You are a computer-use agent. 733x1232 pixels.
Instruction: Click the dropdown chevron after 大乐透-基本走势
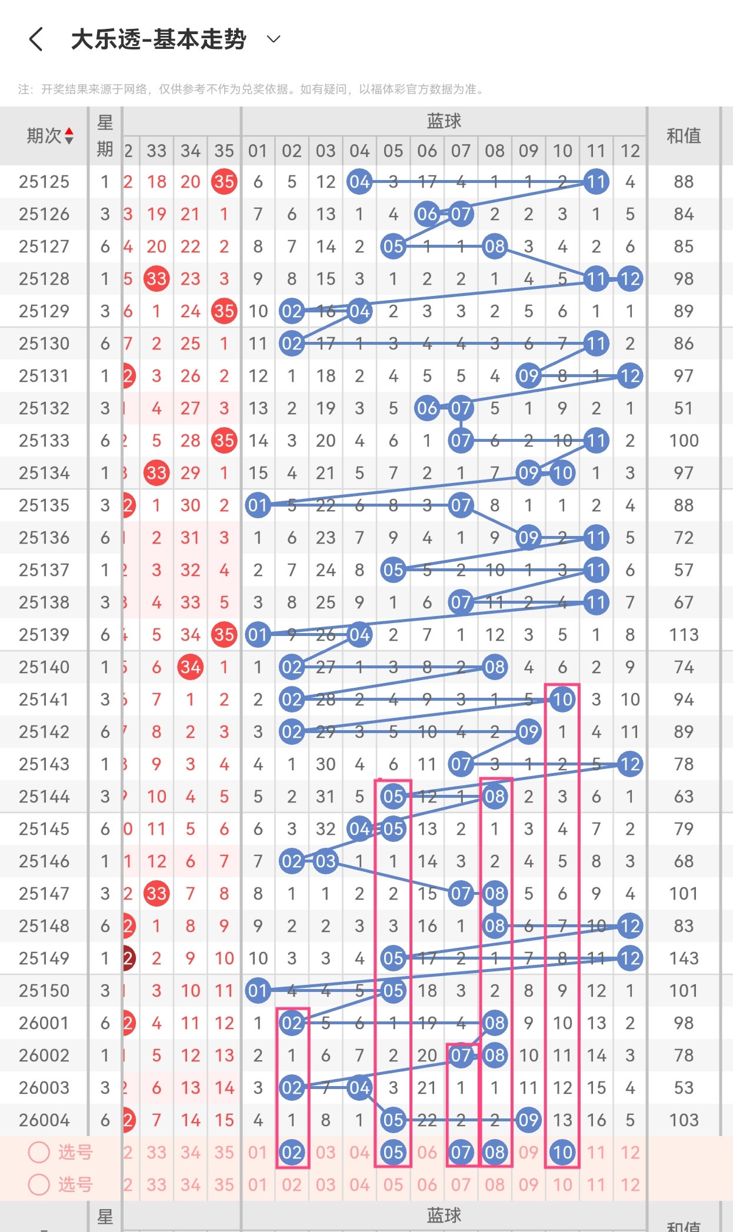[274, 39]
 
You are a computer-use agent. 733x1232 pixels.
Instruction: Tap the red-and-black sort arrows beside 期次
[69, 136]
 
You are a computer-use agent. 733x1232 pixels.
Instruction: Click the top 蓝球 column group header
[444, 121]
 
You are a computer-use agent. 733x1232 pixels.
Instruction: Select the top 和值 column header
[684, 136]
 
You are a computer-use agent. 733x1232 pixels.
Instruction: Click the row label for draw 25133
[44, 441]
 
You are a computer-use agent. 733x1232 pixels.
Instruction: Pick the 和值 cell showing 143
[684, 958]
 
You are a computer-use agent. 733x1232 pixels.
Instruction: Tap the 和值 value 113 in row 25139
[684, 635]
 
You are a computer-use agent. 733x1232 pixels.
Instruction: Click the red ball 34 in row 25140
[191, 667]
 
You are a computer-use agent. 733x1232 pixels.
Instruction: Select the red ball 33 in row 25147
[156, 894]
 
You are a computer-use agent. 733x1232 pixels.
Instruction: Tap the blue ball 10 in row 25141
[562, 700]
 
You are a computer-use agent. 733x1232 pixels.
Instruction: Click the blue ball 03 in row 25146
[325, 861]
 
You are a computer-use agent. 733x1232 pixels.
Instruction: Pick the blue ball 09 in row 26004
[528, 1120]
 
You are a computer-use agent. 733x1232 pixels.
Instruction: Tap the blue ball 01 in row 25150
[258, 991]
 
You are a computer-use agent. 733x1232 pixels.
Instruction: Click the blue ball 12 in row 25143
[630, 764]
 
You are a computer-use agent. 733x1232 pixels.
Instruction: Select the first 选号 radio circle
[39, 1152]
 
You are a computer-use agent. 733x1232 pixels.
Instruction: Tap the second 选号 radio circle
[39, 1184]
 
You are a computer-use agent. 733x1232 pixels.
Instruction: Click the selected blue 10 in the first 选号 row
[562, 1153]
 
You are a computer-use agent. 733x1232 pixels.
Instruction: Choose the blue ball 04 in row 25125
[359, 182]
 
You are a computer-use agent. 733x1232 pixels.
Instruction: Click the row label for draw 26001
[44, 1023]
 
